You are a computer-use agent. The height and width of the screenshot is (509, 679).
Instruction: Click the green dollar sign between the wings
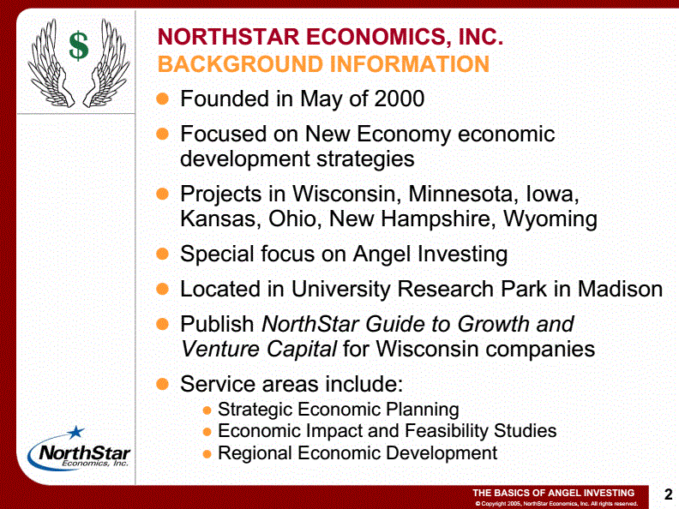[79, 45]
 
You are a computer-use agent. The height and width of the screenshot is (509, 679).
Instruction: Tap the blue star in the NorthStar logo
[75, 432]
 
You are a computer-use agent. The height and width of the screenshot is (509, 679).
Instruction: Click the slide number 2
[668, 494]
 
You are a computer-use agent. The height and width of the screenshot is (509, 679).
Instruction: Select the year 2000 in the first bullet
[400, 99]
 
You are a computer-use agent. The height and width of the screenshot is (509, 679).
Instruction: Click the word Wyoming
[550, 219]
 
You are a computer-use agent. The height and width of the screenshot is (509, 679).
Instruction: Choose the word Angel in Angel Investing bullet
[382, 254]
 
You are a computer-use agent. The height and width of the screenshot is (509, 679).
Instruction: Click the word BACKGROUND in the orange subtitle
[240, 64]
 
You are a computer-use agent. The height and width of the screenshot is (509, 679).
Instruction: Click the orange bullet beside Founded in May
[162, 99]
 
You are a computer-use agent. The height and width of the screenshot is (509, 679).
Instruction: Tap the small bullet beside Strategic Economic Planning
[207, 410]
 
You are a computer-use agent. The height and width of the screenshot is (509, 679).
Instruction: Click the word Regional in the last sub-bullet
[254, 453]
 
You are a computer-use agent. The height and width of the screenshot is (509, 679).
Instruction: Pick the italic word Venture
[220, 349]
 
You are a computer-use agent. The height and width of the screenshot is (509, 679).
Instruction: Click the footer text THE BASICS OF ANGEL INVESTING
[553, 493]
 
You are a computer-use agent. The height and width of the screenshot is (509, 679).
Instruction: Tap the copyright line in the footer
[556, 503]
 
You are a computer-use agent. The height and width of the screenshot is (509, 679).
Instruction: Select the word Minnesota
[463, 194]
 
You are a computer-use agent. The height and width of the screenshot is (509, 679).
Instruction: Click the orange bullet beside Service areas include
[162, 384]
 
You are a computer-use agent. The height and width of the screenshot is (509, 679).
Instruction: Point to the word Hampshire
[438, 219]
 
